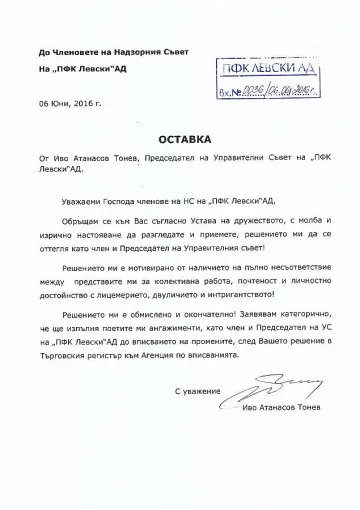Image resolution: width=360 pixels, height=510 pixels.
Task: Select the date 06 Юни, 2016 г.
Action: (68, 103)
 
